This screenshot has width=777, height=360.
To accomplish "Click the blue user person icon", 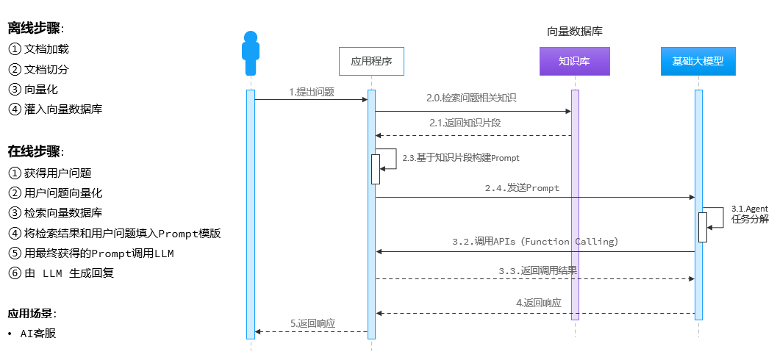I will [x=251, y=54].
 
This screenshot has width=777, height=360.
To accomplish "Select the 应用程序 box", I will [x=371, y=62].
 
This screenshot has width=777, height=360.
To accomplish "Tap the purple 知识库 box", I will [x=574, y=62].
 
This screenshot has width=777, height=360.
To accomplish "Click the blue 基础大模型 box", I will [x=698, y=62].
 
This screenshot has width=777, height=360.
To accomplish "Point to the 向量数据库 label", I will [x=575, y=32].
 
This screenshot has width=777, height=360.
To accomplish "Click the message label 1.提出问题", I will [x=312, y=92].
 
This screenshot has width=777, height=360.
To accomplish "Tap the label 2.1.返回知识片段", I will [x=465, y=123].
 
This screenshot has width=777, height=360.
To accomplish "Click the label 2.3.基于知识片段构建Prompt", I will [x=461, y=158].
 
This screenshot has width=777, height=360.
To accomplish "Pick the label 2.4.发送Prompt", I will [x=522, y=188].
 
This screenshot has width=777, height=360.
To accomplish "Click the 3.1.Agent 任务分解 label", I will [x=749, y=214].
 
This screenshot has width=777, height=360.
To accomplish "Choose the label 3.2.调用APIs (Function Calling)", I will [x=535, y=241].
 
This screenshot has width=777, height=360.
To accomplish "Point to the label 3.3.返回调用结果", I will [x=537, y=270].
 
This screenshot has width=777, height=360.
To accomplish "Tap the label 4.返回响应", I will [x=538, y=303].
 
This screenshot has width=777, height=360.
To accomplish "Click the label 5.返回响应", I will [x=312, y=323].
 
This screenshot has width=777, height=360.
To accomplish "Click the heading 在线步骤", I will [x=35, y=152].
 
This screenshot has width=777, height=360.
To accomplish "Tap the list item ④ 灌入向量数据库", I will [x=56, y=110].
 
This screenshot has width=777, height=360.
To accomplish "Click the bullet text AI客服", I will [x=38, y=334].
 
